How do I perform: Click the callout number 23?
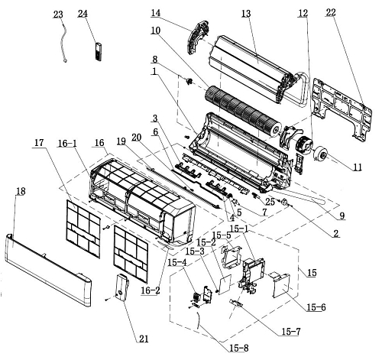click(x=58, y=15)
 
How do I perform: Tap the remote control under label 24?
click(x=99, y=52)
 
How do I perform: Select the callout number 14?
click(x=156, y=13)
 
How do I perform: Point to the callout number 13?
click(x=246, y=14)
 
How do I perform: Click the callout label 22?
click(x=331, y=12)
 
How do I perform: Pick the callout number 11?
click(x=358, y=167)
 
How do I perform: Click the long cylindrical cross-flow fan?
click(x=243, y=112)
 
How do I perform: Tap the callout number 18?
click(x=21, y=191)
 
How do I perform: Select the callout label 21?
click(x=144, y=339)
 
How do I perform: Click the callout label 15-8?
click(x=239, y=348)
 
